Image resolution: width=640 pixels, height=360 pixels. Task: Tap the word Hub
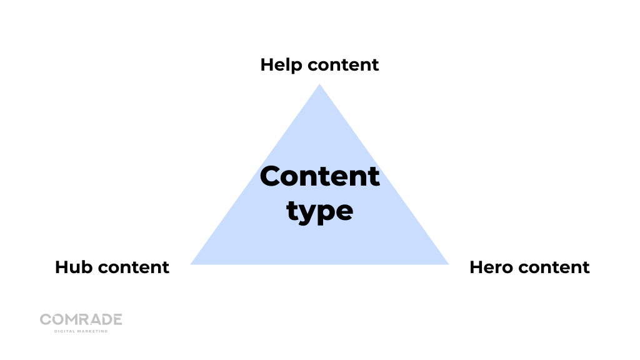[x=74, y=267]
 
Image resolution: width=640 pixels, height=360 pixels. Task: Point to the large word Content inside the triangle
[x=319, y=177]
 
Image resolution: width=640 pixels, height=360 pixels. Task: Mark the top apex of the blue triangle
[x=319, y=86]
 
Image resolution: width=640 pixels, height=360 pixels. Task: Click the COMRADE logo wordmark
[x=81, y=319]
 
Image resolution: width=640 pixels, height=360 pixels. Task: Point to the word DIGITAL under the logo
[x=66, y=331]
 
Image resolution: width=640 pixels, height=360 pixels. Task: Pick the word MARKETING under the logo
[x=93, y=331]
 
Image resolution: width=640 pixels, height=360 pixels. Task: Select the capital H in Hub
[x=61, y=267]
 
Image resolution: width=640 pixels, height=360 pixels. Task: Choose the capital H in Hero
[x=476, y=267]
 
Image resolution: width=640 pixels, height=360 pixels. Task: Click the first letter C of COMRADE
[x=45, y=319]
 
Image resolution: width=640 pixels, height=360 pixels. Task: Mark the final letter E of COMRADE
[x=117, y=319]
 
